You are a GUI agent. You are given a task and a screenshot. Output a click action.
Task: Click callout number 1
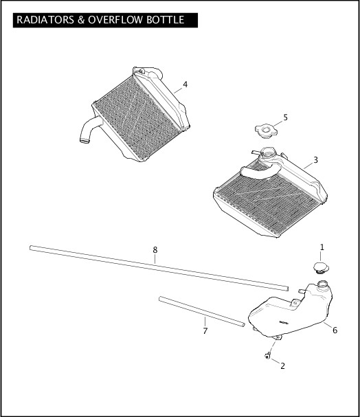coord(322,247)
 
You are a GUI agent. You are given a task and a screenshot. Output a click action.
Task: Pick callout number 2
coord(282,365)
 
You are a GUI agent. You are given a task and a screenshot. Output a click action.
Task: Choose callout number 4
coord(185,85)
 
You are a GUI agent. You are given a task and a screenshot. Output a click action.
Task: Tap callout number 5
coord(285,117)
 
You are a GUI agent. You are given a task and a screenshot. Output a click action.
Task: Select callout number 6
coord(335,330)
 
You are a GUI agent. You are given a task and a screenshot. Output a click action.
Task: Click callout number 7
coord(205,332)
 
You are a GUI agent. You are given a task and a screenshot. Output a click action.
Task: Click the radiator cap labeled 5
coord(264,130)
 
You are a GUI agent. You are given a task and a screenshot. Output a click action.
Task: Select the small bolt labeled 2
coord(267,355)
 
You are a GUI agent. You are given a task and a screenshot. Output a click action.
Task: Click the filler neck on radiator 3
coord(267,153)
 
